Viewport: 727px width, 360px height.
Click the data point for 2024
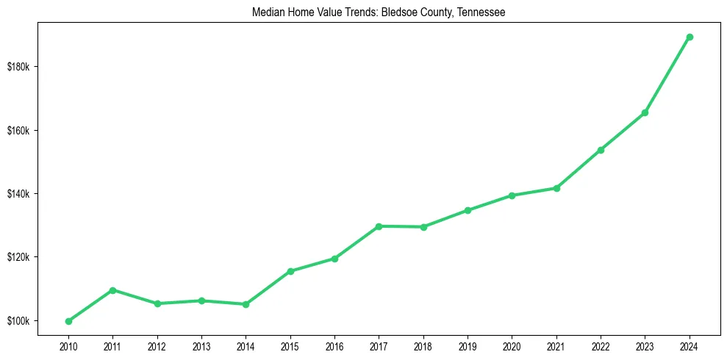(x=690, y=37)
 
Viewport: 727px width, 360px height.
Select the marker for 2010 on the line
(x=68, y=321)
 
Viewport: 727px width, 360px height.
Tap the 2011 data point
(x=112, y=290)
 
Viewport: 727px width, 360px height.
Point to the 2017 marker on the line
(x=379, y=226)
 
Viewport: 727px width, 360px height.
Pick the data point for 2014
(x=246, y=304)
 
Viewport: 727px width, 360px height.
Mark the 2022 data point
(x=601, y=150)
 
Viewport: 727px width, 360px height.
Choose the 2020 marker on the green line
(x=512, y=195)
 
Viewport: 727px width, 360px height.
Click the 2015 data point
(x=290, y=271)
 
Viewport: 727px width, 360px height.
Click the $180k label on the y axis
(x=18, y=67)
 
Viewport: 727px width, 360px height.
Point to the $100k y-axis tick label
(x=18, y=321)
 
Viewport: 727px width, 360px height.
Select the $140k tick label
(x=18, y=194)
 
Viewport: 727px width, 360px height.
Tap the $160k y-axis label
(x=18, y=131)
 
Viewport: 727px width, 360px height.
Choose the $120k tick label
(x=18, y=258)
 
